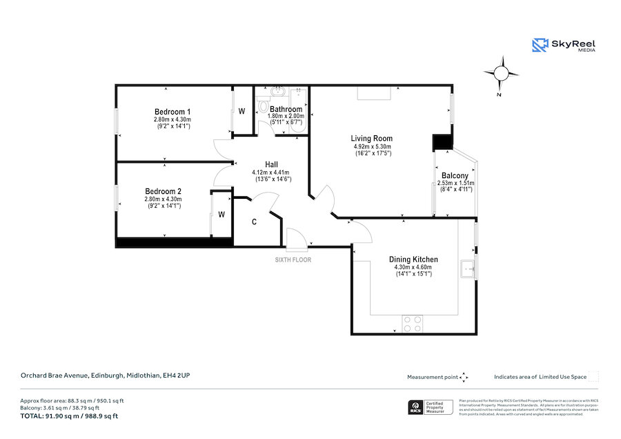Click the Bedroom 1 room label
(172, 112)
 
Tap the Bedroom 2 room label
(164, 191)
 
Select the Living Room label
(372, 139)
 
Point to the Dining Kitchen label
(413, 260)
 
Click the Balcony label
(454, 176)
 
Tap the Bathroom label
(286, 109)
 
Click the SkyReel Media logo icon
(540, 46)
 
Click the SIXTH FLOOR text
(293, 260)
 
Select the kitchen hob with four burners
(413, 323)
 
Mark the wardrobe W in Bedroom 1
(241, 111)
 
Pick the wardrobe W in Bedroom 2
(221, 215)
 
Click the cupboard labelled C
(255, 222)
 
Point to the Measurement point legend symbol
(464, 377)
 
